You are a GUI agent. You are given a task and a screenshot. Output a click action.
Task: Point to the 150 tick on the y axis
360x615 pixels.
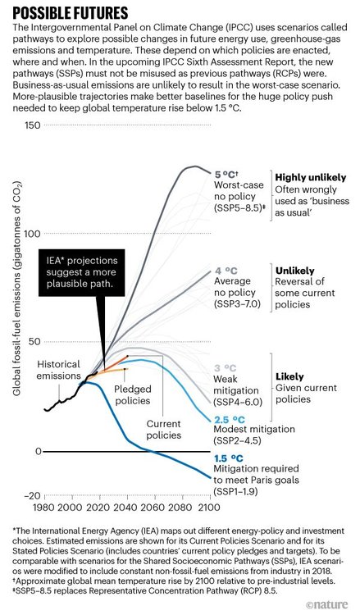tap(33, 125)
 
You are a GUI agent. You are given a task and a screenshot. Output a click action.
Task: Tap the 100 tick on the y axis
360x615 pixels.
tap(33, 234)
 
